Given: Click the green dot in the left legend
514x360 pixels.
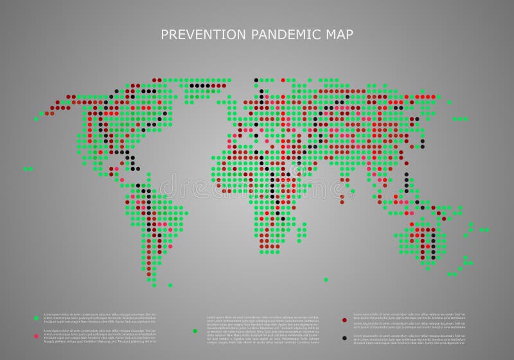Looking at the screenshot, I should (x=36, y=318).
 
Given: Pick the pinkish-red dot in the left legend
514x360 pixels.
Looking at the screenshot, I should (x=36, y=336).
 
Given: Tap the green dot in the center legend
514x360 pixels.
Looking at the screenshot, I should (x=195, y=330).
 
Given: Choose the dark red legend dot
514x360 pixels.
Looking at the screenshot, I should (x=345, y=319).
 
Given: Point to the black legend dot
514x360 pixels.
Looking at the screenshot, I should (x=345, y=337).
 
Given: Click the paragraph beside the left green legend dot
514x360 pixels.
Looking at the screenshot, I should (x=100, y=318).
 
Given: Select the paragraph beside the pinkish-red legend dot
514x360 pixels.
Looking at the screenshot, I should (x=100, y=335).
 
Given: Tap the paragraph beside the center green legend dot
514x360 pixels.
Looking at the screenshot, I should (x=262, y=328).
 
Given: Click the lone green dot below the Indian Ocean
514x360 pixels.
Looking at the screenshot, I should (x=326, y=280).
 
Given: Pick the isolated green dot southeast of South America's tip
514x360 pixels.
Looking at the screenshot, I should (x=170, y=285).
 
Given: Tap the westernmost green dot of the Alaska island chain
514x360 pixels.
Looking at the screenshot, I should (x=36, y=118).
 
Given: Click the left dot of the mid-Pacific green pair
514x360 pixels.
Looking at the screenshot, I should (x=26, y=168).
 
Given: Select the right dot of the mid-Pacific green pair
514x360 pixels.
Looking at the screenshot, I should (x=31, y=168).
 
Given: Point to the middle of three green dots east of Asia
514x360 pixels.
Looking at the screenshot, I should (x=460, y=119).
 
